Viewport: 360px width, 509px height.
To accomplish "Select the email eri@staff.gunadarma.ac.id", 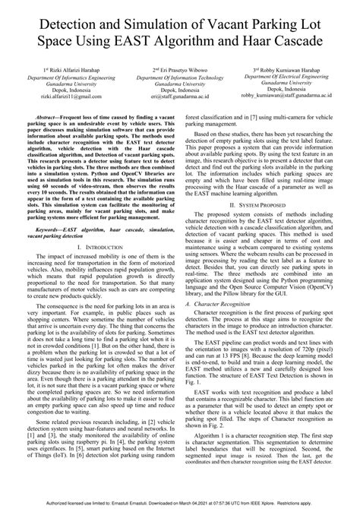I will (180, 97).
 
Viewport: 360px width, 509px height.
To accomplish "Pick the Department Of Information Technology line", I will (180, 77).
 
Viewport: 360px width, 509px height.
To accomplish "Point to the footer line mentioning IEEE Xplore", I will (180, 503).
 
